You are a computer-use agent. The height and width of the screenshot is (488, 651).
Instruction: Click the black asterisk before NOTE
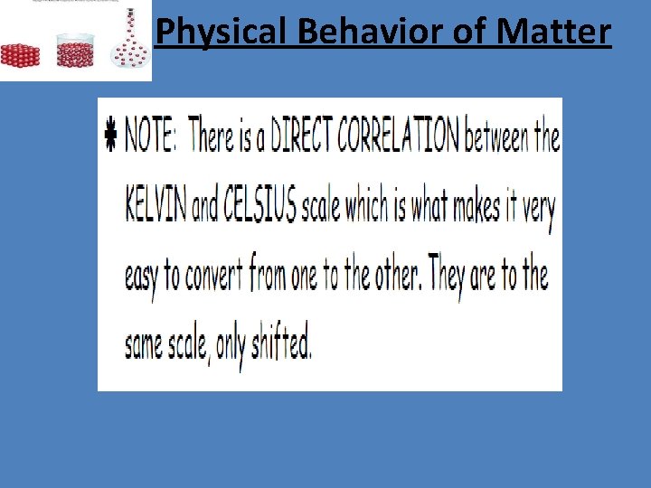coord(111,138)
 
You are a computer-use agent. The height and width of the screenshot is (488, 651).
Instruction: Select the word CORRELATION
coord(399,137)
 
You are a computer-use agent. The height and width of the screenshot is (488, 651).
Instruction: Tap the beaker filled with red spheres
coord(76,51)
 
